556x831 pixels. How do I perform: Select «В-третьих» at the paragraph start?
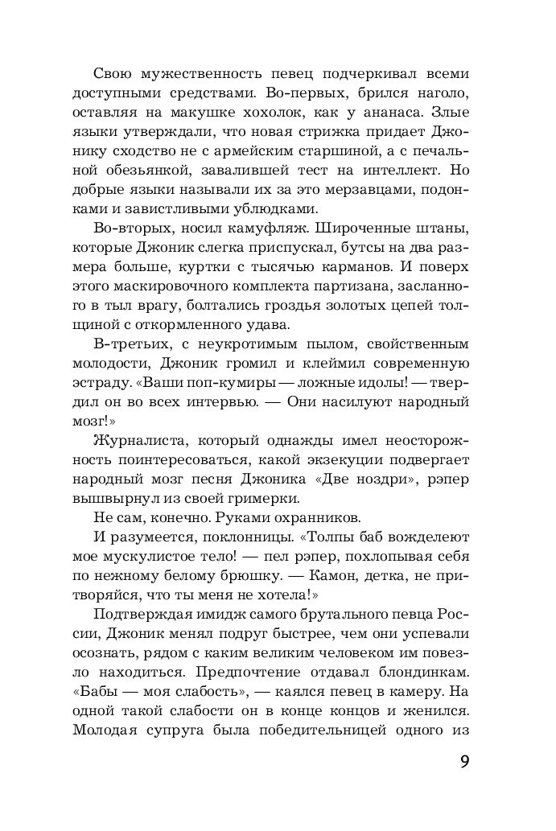125,344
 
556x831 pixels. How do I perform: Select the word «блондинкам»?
412,668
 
